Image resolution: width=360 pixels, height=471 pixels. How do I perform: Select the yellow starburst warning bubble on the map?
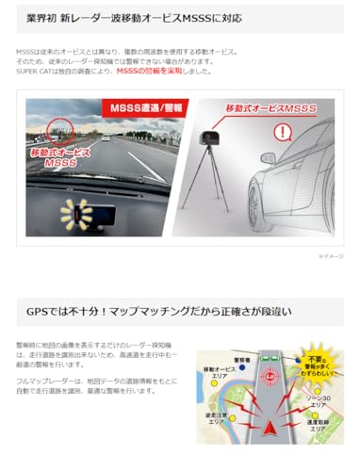click(320, 365)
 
